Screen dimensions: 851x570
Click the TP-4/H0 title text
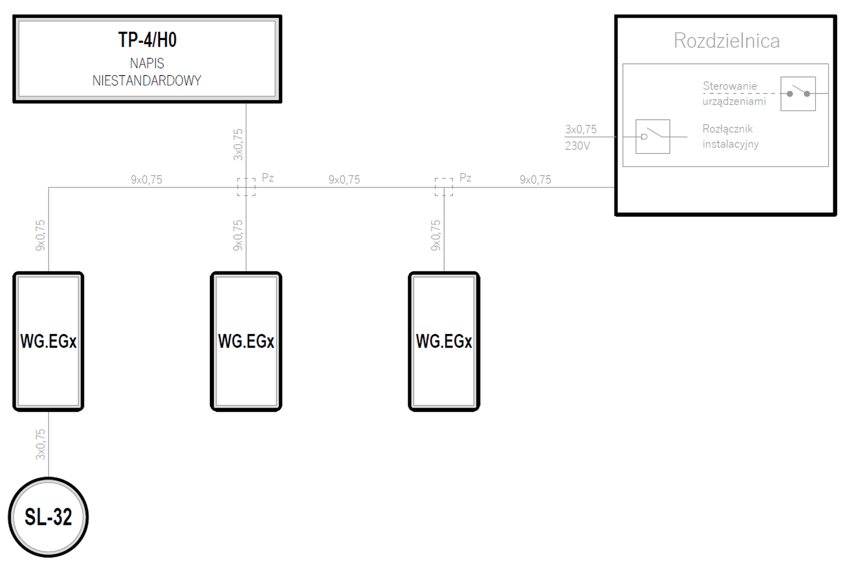148,40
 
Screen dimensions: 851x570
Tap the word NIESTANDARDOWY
147,80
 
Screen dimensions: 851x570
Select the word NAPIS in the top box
147,63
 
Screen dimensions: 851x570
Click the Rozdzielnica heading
726,40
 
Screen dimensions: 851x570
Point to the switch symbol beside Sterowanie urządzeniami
798,94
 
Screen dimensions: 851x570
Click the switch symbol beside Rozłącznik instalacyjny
653,136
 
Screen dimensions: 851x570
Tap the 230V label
577,145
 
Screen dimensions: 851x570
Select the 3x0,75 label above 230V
581,129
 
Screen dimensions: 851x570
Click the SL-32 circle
48,517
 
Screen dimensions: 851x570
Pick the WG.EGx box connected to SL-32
48,341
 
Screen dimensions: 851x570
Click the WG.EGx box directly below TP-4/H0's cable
246,341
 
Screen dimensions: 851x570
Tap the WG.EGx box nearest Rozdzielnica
444,341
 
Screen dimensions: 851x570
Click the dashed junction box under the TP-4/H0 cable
246,187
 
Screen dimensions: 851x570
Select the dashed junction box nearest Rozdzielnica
443,187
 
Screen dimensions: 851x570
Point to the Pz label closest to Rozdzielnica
465,177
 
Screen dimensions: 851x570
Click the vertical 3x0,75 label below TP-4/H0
238,144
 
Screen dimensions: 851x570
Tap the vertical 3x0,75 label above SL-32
40,445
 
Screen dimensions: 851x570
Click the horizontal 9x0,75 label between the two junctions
344,180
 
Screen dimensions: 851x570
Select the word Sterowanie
730,86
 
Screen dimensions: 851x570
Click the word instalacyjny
731,144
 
